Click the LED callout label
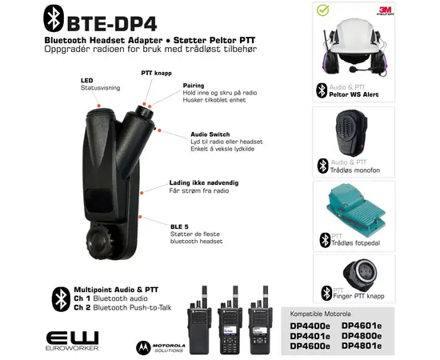[x=86, y=80]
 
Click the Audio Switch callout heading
[x=210, y=134]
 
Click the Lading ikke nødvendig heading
[x=202, y=183]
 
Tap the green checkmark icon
[x=322, y=12]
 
